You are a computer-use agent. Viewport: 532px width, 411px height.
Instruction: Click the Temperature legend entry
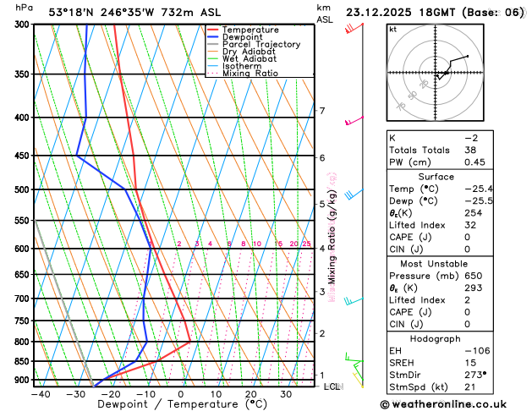click(x=250, y=30)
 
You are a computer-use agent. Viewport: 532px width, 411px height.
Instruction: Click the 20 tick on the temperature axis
click(x=251, y=394)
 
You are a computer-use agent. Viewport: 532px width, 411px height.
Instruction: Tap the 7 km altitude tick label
click(x=322, y=111)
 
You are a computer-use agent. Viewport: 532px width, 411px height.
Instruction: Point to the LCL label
click(x=332, y=386)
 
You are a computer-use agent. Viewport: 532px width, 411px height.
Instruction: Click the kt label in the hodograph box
click(x=392, y=30)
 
